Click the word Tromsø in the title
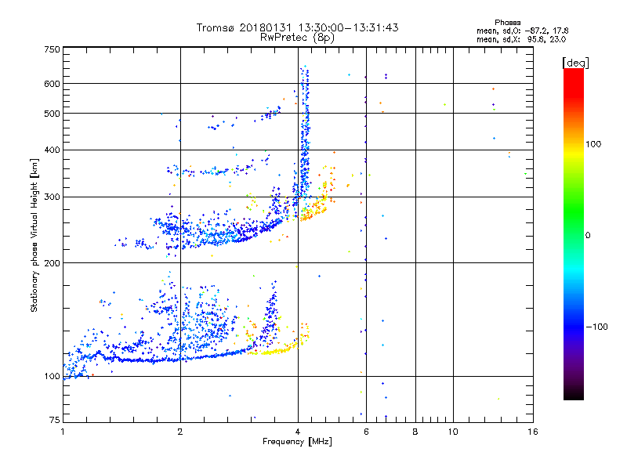pos(217,27)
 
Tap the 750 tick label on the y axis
pos(53,49)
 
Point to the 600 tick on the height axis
pos(53,83)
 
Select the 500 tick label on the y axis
pos(53,113)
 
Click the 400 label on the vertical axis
pos(53,150)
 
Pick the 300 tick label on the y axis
pos(53,197)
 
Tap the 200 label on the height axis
pos(53,262)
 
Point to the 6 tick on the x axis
pos(366,432)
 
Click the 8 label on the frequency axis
pos(415,432)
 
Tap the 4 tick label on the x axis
pos(298,432)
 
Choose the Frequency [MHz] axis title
pos(297,443)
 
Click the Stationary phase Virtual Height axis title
pos(34,235)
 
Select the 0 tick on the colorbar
pos(589,235)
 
